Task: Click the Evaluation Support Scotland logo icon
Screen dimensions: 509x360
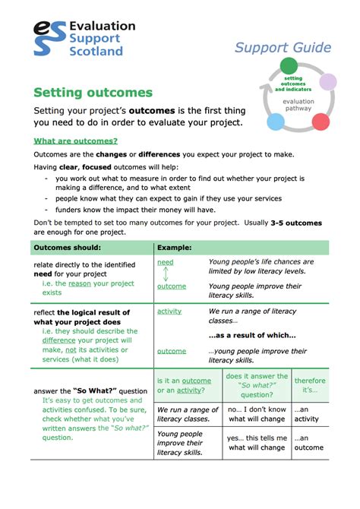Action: coord(49,38)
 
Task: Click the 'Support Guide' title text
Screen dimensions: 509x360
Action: coord(283,47)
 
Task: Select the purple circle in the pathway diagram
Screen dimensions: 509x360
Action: coord(327,81)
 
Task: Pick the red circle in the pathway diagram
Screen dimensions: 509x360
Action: coord(321,121)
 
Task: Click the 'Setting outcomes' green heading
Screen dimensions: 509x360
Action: coord(93,93)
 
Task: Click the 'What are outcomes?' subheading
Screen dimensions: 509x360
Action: coord(75,141)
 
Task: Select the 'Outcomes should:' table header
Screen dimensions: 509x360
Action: coord(68,248)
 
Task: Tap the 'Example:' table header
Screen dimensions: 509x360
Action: coord(174,248)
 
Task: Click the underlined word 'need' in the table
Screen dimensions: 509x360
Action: coord(165,262)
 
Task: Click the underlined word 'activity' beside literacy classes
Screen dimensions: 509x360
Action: coord(169,311)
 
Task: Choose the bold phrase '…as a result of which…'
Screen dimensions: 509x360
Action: coord(252,335)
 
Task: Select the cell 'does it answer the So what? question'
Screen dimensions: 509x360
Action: coord(257,385)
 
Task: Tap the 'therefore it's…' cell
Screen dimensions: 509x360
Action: coord(310,385)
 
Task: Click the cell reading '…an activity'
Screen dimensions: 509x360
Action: coord(308,413)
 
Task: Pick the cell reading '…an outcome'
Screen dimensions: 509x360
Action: coord(309,442)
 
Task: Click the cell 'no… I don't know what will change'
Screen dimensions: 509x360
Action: coord(257,413)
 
